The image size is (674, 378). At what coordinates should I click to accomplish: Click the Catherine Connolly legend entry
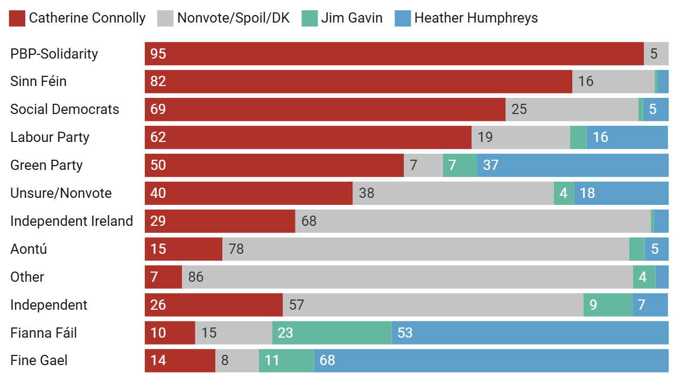pos(78,18)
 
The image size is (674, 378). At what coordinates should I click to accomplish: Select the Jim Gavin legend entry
pos(343,18)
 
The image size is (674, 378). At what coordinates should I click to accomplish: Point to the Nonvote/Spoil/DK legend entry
pos(223,18)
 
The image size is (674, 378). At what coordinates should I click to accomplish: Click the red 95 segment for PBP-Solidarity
pos(394,54)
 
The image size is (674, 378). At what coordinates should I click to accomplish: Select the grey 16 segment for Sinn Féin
pos(613,82)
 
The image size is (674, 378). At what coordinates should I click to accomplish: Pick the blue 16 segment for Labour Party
pos(627,138)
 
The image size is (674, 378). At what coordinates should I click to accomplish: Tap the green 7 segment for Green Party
pos(460,166)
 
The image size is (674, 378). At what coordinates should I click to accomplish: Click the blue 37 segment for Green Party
pos(573,166)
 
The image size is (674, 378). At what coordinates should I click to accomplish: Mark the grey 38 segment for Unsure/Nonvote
pos(453,194)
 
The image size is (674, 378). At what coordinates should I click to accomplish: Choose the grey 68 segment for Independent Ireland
pos(473,222)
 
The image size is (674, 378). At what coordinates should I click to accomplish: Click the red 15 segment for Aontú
pos(184,249)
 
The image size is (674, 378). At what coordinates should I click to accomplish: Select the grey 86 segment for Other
pos(408,277)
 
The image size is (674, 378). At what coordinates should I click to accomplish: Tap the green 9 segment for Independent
pos(608,305)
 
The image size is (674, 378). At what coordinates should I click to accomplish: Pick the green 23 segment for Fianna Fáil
pos(332,333)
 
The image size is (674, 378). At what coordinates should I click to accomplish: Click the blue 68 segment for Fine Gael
pos(491,360)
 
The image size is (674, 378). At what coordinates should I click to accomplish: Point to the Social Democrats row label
pos(65,110)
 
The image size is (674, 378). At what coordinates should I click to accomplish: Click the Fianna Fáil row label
pos(44,333)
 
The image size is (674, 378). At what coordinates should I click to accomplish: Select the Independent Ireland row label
pos(72,222)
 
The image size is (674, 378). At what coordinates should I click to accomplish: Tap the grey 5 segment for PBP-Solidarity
pos(656,54)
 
